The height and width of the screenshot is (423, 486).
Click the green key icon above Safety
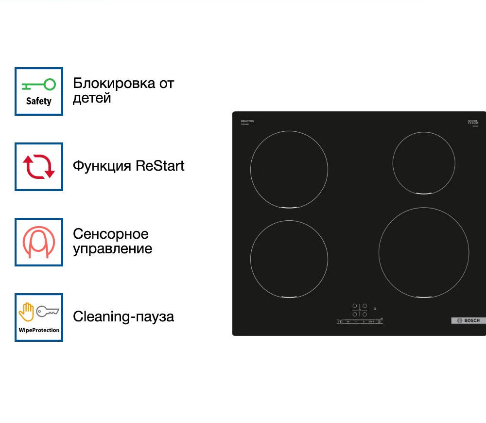[38, 85]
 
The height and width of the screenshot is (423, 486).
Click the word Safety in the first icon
[38, 101]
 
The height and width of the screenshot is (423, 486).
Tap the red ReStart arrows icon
[39, 167]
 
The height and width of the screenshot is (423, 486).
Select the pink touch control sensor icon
[39, 242]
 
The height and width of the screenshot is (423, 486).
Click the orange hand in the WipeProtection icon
[26, 312]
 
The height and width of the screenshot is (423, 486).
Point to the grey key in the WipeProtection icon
[48, 311]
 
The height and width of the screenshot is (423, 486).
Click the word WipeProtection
[39, 330]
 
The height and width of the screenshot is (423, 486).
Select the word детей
[92, 98]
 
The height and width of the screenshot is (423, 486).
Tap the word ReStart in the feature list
[160, 166]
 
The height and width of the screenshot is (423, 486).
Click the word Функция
[102, 166]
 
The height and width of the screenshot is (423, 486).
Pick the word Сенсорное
[110, 234]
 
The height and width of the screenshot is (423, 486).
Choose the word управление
[112, 249]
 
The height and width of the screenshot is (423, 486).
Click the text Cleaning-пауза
[123, 317]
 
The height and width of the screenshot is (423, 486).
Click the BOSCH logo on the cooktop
[469, 320]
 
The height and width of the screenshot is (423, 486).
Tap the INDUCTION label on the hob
[247, 121]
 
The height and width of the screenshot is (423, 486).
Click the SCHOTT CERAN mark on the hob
[473, 122]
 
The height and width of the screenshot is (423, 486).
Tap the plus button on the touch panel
[363, 321]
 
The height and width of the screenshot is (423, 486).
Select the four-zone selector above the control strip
[359, 310]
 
